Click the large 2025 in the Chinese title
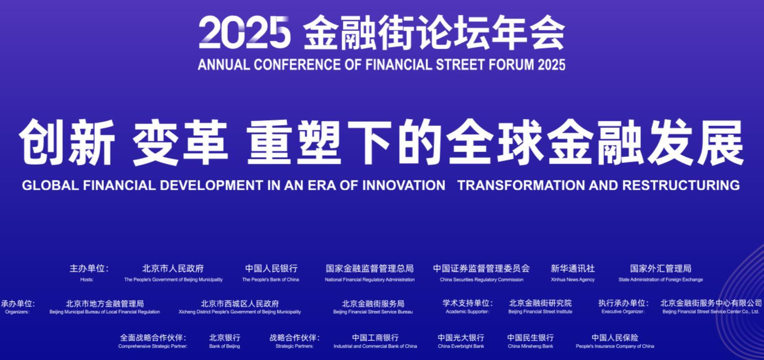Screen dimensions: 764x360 click(244, 33)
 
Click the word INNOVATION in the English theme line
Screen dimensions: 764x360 click(403, 185)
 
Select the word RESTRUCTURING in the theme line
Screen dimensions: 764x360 click(681, 185)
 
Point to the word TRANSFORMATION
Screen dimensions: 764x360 click(521, 185)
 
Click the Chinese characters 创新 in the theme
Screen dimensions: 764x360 click(67, 142)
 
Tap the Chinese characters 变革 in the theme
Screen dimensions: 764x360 click(180, 142)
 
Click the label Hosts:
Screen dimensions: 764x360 click(87, 279)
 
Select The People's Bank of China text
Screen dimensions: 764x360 click(271, 279)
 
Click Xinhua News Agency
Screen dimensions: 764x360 click(573, 279)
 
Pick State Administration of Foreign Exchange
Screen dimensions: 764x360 click(661, 279)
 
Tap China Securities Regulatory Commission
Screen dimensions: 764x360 click(482, 279)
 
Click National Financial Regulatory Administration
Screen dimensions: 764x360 click(370, 279)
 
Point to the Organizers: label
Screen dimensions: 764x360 click(17, 312)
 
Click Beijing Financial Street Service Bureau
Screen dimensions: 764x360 click(373, 312)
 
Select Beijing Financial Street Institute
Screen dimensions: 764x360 click(540, 311)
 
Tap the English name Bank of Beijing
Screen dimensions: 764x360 click(224, 346)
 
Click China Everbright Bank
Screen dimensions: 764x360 click(461, 346)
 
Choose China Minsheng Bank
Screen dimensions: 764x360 click(531, 346)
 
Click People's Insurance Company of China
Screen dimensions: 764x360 click(615, 346)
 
